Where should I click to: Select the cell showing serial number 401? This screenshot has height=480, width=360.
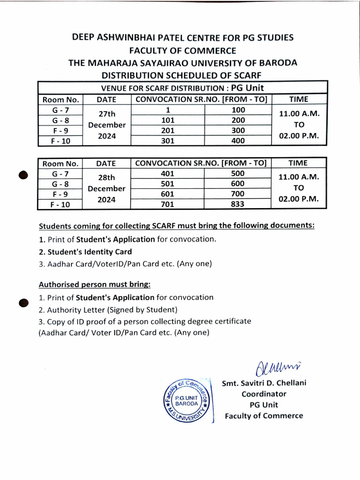(167, 173)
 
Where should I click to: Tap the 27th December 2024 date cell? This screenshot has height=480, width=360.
(107, 125)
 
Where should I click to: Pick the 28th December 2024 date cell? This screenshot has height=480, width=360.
(107, 188)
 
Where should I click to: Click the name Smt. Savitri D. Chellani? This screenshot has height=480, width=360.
(264, 383)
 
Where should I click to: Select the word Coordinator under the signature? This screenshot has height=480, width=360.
(264, 394)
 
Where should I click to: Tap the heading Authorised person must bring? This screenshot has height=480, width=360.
(94, 284)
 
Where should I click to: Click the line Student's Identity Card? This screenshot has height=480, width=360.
(85, 252)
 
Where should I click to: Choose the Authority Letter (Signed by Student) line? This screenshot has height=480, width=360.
(108, 309)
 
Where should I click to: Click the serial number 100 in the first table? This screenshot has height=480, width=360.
(239, 110)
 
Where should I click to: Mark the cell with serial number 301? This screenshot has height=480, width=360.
(167, 140)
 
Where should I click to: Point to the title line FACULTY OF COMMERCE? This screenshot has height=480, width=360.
(182, 51)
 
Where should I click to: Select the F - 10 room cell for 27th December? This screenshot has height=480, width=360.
(60, 140)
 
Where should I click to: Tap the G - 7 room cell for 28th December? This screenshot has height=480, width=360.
(60, 173)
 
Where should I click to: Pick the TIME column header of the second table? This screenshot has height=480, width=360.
(298, 163)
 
